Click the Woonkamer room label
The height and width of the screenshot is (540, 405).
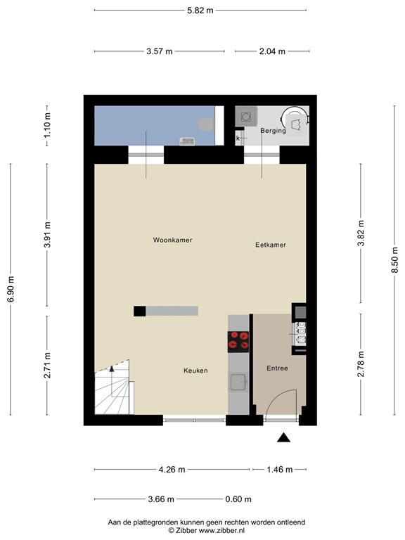pos(172,240)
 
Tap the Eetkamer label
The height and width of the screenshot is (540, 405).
pos(271,245)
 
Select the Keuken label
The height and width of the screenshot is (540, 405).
pos(195,371)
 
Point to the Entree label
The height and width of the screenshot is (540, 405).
pos(277,368)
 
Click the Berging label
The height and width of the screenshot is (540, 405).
pos(273,131)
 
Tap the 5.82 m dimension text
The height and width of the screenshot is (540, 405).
pos(200,11)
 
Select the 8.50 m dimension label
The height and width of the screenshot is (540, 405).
pos(394,260)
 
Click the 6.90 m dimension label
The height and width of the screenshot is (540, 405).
pos(11,289)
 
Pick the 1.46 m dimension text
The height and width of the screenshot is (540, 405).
pos(280,470)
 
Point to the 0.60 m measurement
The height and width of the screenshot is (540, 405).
pos(238,499)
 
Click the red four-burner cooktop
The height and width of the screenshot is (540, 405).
pos(238,342)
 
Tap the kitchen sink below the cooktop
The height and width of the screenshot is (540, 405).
pos(238,382)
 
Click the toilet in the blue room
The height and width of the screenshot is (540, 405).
pos(206,124)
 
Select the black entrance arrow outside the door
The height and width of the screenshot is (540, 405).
pos(284,437)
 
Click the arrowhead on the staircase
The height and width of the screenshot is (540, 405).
pos(112,369)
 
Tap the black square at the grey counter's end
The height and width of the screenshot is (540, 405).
pos(139,311)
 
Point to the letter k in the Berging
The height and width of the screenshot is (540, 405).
pos(238,139)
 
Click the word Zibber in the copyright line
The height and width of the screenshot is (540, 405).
pos(186,531)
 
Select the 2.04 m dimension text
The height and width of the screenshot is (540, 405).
pos(272,51)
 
